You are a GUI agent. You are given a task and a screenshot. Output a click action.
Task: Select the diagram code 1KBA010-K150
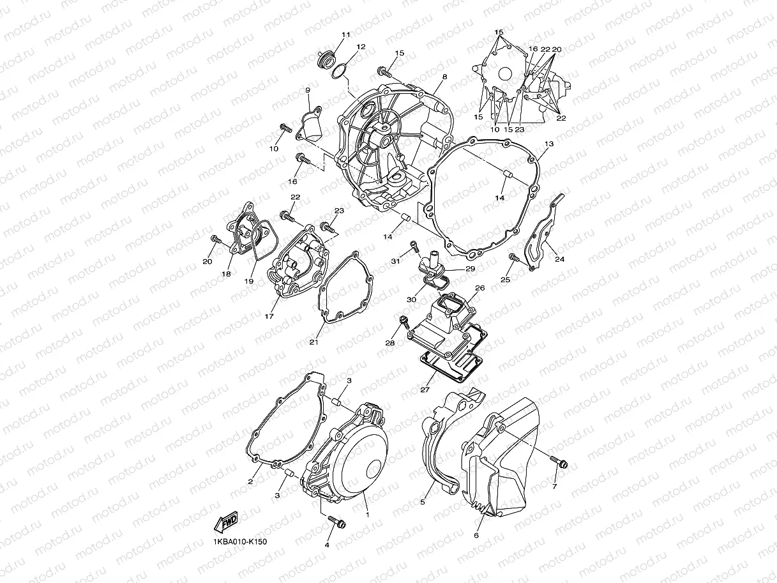[240, 542]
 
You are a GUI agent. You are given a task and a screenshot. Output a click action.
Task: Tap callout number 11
[346, 34]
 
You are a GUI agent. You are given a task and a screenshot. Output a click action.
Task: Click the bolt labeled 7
[560, 464]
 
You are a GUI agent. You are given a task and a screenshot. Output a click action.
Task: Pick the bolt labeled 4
[336, 522]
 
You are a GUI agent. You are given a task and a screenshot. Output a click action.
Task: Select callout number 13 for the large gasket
[549, 144]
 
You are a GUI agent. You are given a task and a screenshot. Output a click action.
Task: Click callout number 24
[559, 259]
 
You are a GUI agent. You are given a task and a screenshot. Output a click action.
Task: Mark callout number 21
[313, 342]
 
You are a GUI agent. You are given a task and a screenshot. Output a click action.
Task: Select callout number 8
[444, 77]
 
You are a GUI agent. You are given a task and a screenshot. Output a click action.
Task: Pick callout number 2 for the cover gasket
[251, 482]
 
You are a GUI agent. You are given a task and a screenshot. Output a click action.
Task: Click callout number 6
[476, 535]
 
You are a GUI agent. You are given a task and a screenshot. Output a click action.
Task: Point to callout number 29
[470, 269]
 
